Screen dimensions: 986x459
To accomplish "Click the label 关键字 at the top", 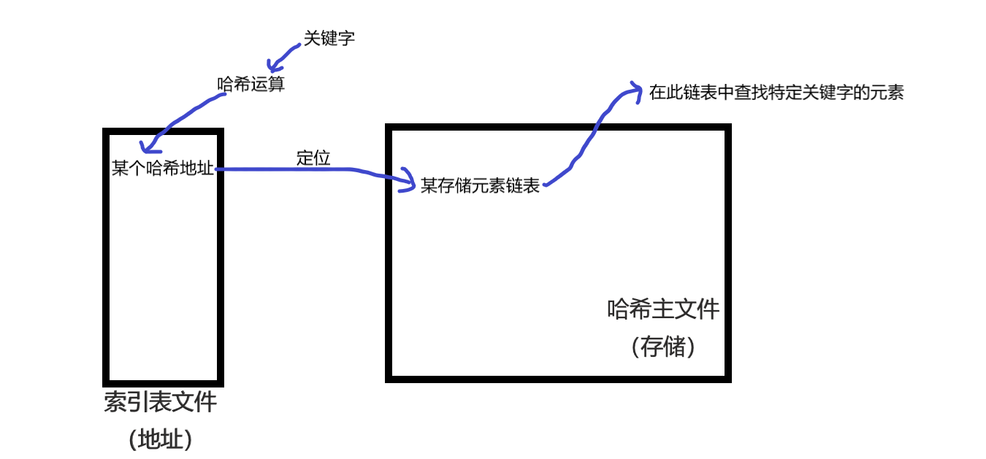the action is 329,38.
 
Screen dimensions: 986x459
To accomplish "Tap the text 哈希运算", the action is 251,84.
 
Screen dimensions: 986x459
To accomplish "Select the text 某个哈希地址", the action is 163,169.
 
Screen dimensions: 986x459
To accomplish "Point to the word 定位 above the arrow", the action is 313,158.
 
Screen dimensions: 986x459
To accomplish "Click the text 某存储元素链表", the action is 481,185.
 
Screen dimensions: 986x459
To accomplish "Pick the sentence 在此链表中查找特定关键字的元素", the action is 776,93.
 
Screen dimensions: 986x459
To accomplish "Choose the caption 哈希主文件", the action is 663,309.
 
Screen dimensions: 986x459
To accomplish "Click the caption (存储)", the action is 663,347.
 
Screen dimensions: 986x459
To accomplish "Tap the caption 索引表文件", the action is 161,402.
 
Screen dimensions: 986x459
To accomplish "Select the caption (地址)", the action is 161,439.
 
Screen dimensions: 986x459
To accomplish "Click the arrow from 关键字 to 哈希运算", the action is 282,55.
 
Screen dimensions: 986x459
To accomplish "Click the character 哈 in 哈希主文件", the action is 618,309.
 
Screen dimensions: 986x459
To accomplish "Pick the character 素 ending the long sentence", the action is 895,93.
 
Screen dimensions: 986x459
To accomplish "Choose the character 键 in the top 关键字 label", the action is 329,38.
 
